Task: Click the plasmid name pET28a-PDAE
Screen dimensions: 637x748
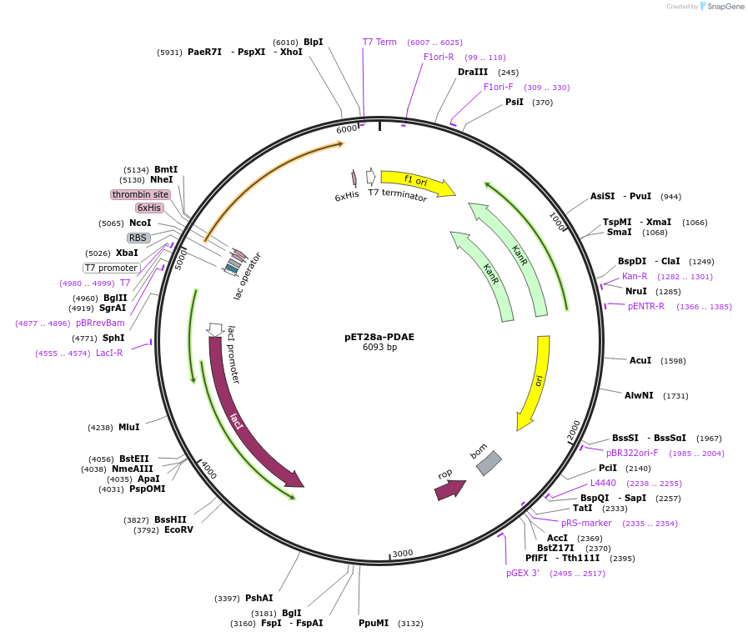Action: (x=379, y=338)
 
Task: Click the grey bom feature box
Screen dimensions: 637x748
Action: (x=489, y=463)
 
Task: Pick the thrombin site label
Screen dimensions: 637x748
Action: (x=140, y=194)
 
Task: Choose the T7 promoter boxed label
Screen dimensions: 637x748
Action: (x=111, y=268)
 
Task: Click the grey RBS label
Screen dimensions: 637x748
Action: (x=138, y=238)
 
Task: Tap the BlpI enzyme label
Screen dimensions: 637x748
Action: (x=314, y=42)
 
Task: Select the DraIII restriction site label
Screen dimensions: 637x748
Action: (x=473, y=72)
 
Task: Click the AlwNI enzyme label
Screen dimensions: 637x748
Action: (x=645, y=395)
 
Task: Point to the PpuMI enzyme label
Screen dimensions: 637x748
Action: (x=374, y=623)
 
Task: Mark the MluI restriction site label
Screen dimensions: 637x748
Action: (x=129, y=427)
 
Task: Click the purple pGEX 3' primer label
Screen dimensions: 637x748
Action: (x=523, y=573)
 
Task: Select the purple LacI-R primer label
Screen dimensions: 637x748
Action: (x=109, y=353)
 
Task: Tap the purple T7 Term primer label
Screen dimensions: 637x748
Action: (x=379, y=42)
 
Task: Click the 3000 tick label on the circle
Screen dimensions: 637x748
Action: (x=402, y=554)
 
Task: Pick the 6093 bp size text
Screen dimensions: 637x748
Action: (x=379, y=348)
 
